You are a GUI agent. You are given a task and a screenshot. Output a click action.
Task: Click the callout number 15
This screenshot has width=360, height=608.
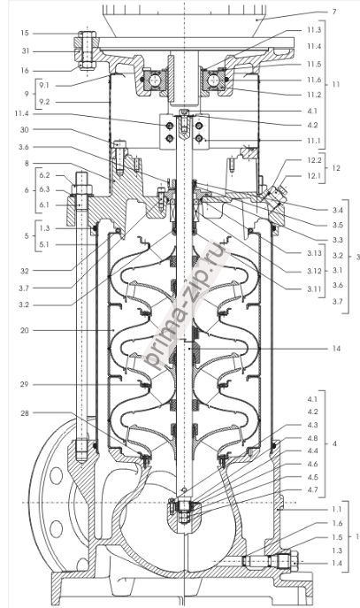[25, 34]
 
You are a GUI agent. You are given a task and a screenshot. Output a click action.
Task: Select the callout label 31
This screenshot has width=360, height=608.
[25, 51]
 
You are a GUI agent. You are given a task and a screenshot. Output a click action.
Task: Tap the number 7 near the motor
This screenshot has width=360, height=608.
[334, 12]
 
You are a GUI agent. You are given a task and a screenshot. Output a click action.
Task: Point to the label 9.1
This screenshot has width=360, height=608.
[44, 85]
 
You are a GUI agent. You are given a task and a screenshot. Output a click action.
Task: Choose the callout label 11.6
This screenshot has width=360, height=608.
[314, 80]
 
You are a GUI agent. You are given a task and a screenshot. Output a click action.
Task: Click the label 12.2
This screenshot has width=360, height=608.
[315, 159]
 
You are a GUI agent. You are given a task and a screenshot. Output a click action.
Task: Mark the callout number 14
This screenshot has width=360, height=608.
[336, 349]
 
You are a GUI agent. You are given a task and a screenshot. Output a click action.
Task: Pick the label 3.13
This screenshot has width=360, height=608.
[315, 254]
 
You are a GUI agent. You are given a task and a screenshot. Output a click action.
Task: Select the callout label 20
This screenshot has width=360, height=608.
[25, 330]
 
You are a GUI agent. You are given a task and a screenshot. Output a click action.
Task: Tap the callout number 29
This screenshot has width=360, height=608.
[25, 384]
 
